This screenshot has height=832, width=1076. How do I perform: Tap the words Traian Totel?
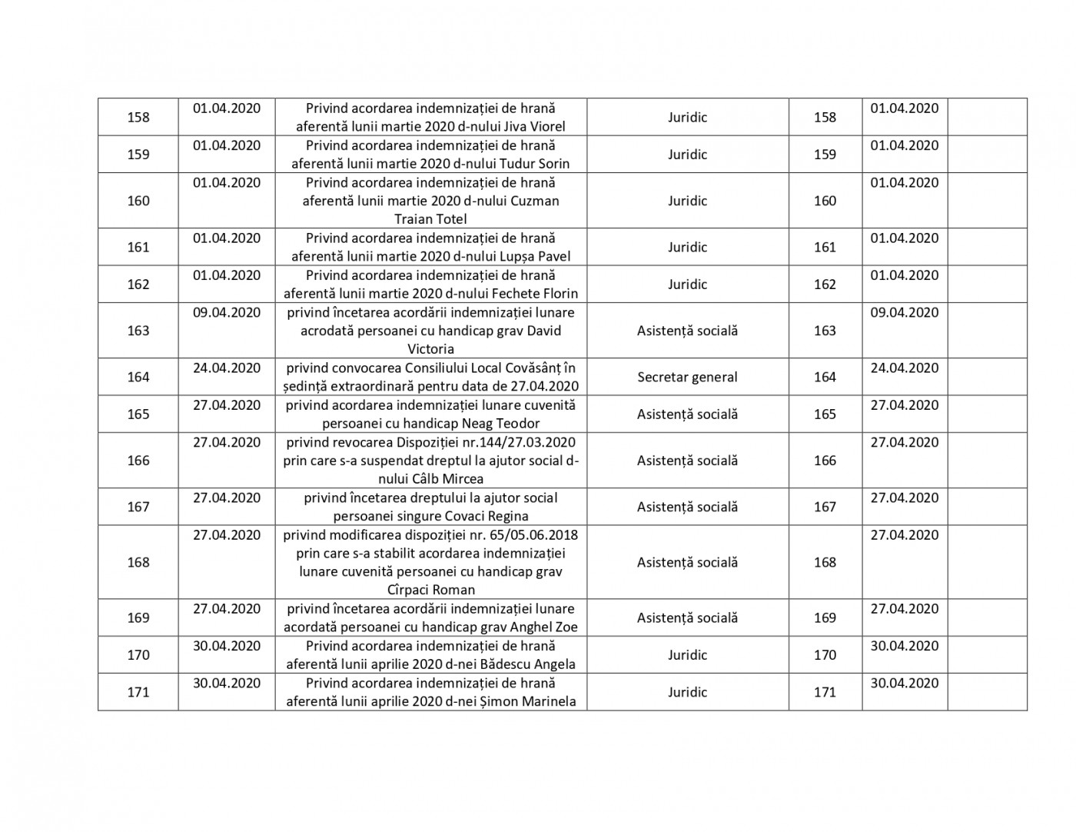pyautogui.click(x=430, y=219)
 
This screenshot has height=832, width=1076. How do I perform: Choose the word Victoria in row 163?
pyautogui.click(x=430, y=349)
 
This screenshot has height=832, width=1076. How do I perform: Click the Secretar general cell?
pyautogui.click(x=687, y=377)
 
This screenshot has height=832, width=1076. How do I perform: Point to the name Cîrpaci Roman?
pyautogui.click(x=430, y=590)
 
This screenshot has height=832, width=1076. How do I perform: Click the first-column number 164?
pyautogui.click(x=138, y=377)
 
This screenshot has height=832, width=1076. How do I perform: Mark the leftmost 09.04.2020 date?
pyautogui.click(x=227, y=313)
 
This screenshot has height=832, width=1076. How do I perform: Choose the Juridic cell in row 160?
pyautogui.click(x=687, y=201)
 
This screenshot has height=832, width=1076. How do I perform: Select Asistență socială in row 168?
pyautogui.click(x=687, y=562)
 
